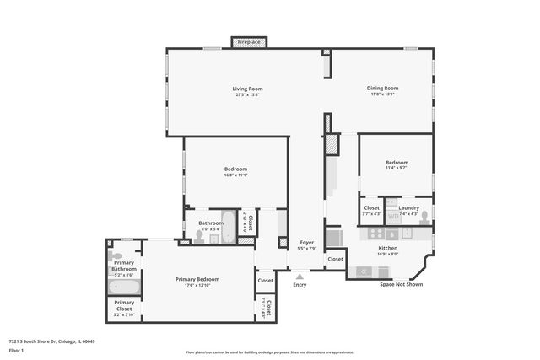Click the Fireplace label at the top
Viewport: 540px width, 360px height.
pyautogui.click(x=249, y=41)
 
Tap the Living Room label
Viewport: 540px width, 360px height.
pyautogui.click(x=248, y=89)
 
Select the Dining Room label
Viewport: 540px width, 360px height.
pyautogui.click(x=382, y=88)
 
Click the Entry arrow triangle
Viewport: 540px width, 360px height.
pyautogui.click(x=300, y=276)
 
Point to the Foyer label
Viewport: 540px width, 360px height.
pyautogui.click(x=307, y=243)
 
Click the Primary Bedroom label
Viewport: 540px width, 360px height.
pyautogui.click(x=197, y=279)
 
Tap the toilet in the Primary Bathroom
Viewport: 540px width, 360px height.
pyautogui.click(x=116, y=255)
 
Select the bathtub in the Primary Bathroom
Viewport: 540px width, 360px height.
pyautogui.click(x=124, y=287)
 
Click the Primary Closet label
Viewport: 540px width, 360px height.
pyautogui.click(x=124, y=304)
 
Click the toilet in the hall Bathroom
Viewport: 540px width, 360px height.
pyautogui.click(x=199, y=237)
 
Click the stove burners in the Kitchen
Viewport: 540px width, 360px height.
pyautogui.click(x=364, y=271)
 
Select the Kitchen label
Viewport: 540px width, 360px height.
pyautogui.click(x=387, y=248)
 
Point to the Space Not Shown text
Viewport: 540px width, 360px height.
pyautogui.click(x=401, y=284)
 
